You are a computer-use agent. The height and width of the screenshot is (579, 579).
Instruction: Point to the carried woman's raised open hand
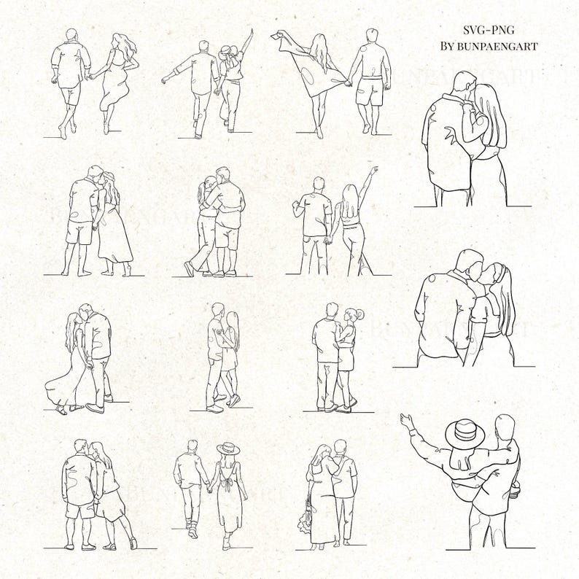tap(405, 421)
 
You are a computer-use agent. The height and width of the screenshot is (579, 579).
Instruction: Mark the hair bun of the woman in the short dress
tap(358, 314)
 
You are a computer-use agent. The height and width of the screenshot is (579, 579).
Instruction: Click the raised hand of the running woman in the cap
tap(250, 34)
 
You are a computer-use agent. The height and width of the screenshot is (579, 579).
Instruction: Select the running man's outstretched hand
tap(166, 78)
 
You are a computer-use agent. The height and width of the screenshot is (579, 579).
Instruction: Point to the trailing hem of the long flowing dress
tap(53, 386)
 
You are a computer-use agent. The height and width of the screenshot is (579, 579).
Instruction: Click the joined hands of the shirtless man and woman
tap(349, 83)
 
